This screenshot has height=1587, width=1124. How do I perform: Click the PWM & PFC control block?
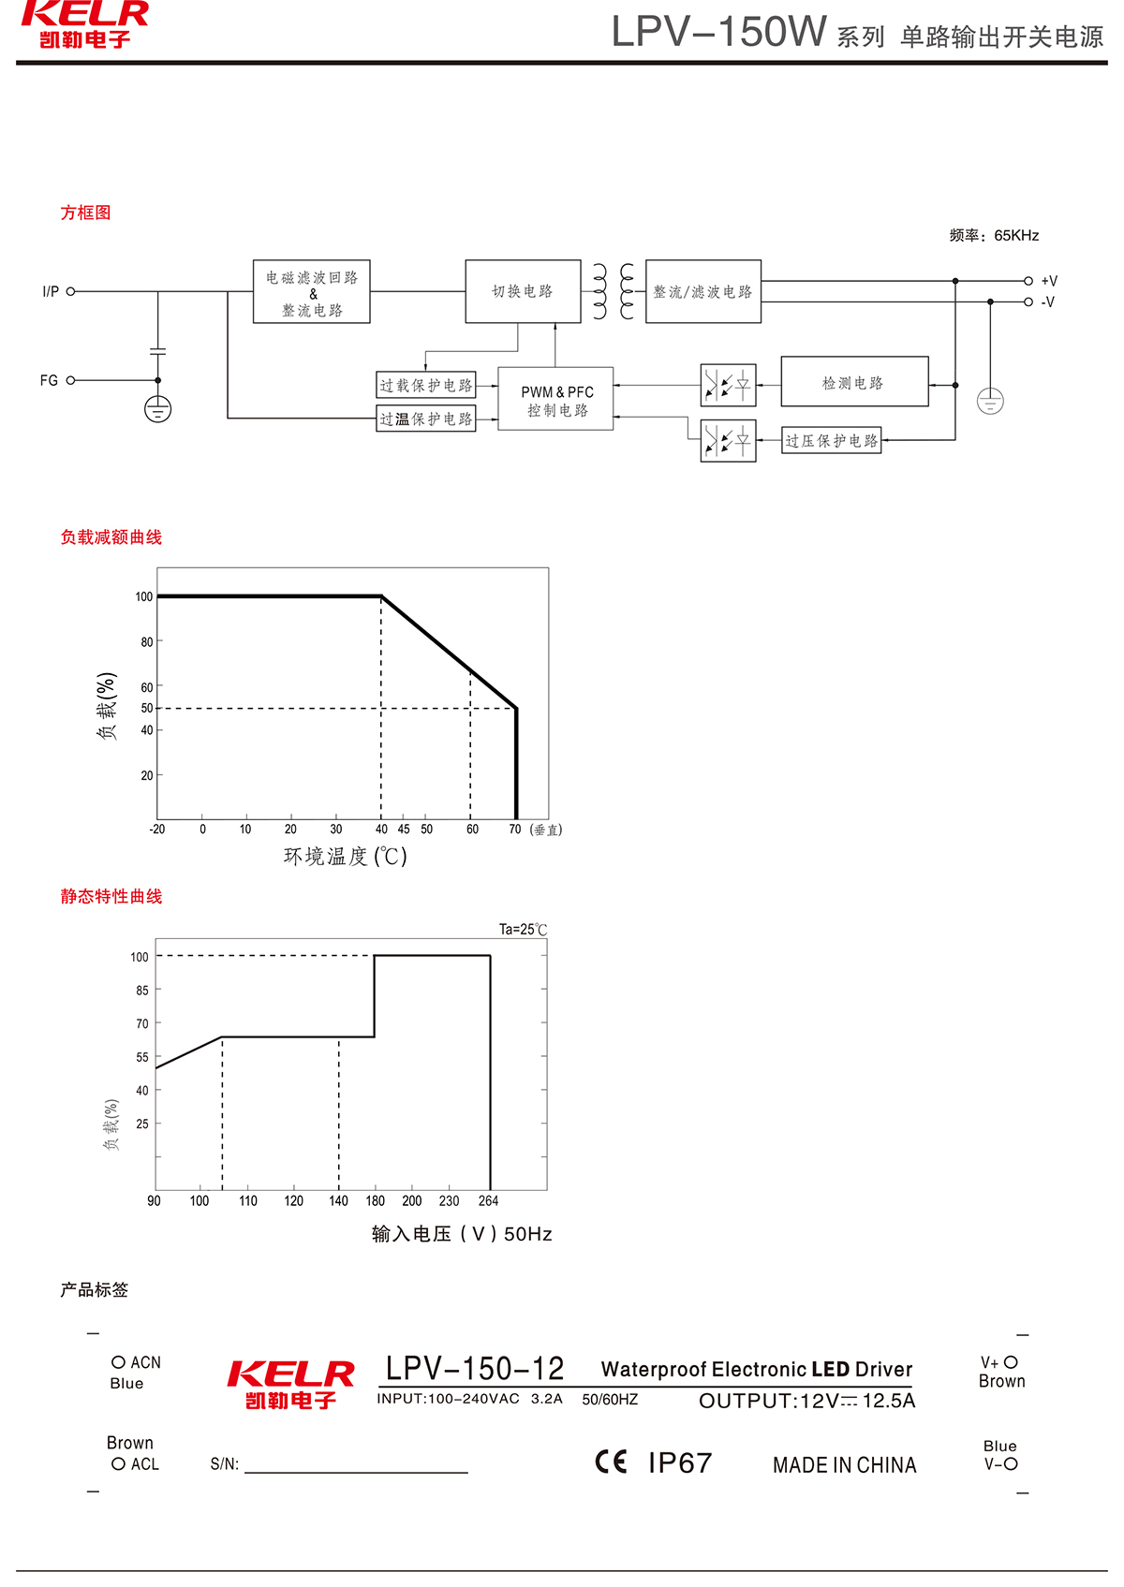click(555, 399)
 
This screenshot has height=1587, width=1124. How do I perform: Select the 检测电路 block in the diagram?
click(854, 382)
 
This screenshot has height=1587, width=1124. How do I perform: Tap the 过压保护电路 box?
click(832, 440)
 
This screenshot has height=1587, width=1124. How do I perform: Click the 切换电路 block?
click(523, 291)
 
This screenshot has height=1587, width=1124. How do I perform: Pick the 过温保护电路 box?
click(426, 419)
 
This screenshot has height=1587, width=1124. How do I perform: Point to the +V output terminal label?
click(1049, 281)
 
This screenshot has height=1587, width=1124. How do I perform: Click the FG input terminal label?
click(49, 380)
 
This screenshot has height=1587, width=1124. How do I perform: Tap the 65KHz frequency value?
click(1016, 235)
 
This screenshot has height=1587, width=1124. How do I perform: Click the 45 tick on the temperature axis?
click(404, 830)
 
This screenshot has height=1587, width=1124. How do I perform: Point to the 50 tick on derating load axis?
click(147, 708)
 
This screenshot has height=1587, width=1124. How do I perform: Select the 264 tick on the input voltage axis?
click(489, 1200)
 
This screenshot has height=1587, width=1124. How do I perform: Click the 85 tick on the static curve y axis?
click(142, 990)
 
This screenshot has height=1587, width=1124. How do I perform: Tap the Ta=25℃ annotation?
click(523, 929)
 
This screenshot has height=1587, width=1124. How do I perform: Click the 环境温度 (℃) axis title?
click(346, 856)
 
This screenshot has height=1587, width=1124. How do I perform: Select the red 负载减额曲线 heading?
click(111, 536)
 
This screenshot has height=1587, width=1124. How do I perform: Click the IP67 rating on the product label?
click(680, 1462)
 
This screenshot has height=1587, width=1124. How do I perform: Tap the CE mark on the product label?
click(611, 1462)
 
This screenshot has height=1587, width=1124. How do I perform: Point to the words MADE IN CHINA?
click(844, 1465)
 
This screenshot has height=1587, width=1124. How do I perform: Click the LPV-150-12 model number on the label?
click(475, 1369)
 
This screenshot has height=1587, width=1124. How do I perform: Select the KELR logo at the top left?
click(84, 23)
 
